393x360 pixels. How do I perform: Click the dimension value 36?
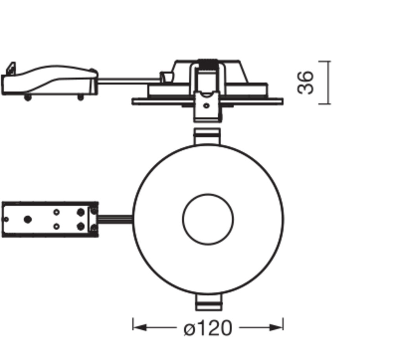pyautogui.click(x=305, y=83)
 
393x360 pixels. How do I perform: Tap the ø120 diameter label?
pyautogui.click(x=208, y=328)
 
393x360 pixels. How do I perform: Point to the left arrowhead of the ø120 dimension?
pyautogui.click(x=140, y=327)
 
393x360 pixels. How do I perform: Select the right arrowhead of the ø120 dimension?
pyautogui.click(x=276, y=327)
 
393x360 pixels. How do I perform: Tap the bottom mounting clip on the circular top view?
pyautogui.click(x=209, y=302)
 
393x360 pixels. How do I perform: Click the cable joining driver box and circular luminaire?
pyautogui.click(x=115, y=219)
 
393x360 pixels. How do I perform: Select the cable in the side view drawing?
pyautogui.click(x=129, y=81)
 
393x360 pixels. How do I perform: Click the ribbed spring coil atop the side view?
pyautogui.click(x=208, y=65)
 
